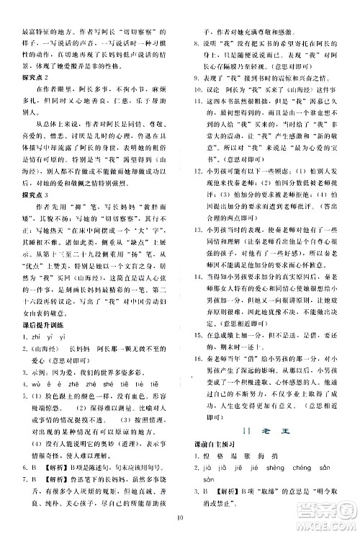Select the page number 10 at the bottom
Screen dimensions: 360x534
(x=179, y=515)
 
